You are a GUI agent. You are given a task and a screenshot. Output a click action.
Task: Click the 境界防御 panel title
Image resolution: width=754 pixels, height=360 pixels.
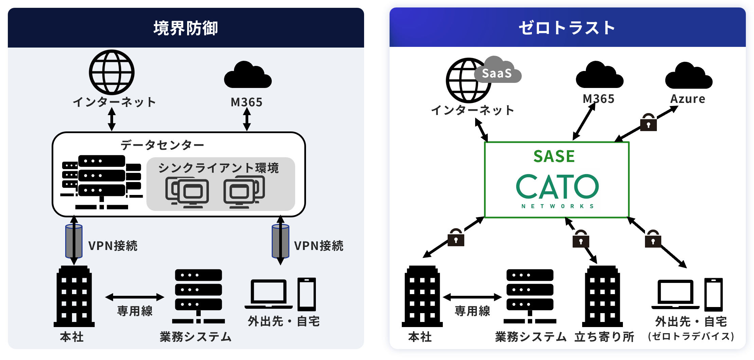(186, 28)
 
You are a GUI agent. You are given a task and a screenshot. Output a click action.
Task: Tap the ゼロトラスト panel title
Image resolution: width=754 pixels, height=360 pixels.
(567, 28)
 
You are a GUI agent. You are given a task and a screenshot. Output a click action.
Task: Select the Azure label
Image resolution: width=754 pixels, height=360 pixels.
(688, 99)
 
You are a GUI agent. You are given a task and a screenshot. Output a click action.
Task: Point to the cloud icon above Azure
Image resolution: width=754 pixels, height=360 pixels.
(689, 76)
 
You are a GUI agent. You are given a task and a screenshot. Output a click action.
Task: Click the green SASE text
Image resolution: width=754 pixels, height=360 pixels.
(554, 156)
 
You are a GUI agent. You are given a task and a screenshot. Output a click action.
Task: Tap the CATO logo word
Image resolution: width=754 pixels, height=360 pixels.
(557, 186)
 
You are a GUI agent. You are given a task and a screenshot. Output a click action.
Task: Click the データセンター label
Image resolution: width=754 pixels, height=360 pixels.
(162, 145)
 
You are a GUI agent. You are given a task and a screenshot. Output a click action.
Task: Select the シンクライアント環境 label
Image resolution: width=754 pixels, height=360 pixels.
(218, 168)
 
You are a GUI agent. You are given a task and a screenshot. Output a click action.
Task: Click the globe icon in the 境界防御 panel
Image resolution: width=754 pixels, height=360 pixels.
(112, 72)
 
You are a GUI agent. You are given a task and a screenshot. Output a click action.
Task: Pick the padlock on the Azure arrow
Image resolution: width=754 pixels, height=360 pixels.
(648, 123)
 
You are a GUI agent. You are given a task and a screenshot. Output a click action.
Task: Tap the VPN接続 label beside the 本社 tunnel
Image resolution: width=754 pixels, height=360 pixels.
(113, 246)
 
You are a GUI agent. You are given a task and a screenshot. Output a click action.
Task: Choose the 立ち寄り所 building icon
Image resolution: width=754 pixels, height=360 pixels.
(602, 296)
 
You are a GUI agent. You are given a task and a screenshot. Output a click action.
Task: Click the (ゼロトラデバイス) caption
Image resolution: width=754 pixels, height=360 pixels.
(691, 336)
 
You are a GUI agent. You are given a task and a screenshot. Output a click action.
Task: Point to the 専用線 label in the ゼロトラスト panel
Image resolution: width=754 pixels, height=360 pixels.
(472, 311)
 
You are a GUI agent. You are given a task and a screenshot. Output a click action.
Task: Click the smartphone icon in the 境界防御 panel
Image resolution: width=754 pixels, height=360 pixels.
(307, 294)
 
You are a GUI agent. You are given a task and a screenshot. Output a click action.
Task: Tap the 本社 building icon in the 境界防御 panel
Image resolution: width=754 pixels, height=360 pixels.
(74, 296)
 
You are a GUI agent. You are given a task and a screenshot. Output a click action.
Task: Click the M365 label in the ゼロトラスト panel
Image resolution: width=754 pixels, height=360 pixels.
(598, 99)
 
